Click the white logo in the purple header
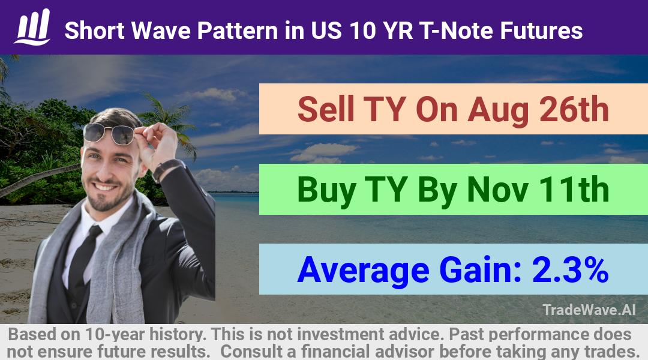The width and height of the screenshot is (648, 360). (x=32, y=27)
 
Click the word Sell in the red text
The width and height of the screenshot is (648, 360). (x=326, y=109)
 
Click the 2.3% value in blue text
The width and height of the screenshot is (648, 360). (x=571, y=269)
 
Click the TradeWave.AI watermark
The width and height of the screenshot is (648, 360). (x=589, y=310)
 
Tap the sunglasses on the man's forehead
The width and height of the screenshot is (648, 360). (x=109, y=133)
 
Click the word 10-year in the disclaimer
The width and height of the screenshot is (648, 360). (x=115, y=335)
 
